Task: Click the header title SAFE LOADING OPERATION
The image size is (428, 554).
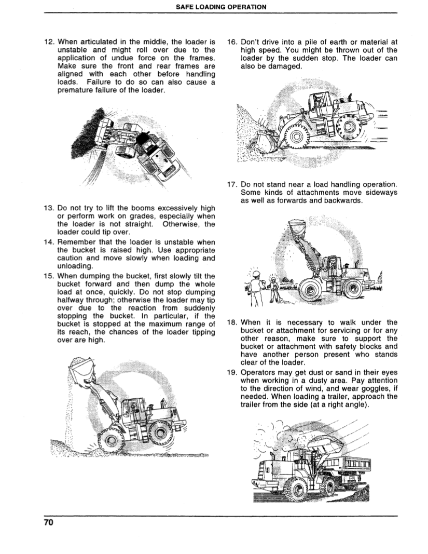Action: (214, 7)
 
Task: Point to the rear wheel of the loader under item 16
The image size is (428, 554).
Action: (346, 126)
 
